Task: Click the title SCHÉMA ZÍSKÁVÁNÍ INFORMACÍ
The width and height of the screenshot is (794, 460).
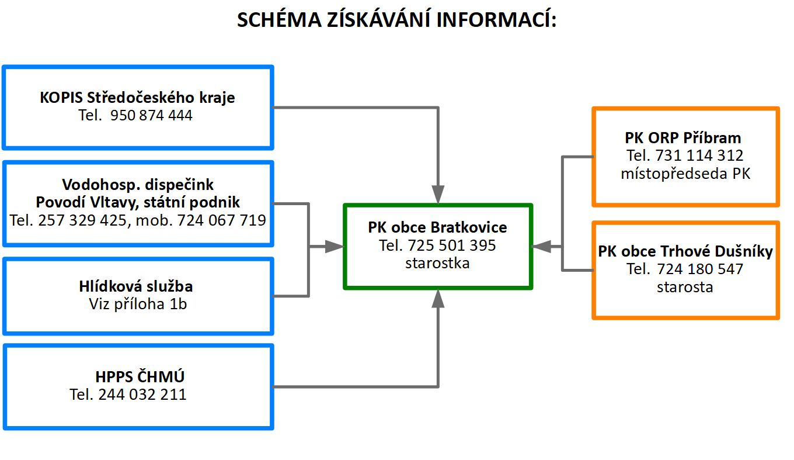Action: [x=397, y=20]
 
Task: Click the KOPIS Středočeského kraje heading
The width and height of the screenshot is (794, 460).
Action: [x=138, y=97]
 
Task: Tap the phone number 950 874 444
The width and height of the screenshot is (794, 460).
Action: [x=151, y=116]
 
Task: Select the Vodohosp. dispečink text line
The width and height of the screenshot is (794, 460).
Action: [x=138, y=185]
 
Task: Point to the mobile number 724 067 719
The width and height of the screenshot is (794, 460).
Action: [x=224, y=220]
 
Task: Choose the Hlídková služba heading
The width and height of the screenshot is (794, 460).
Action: [x=136, y=286]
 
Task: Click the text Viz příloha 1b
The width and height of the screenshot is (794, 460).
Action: [x=138, y=304]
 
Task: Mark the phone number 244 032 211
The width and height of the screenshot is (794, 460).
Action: [x=142, y=395]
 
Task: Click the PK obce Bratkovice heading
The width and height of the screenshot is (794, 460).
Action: [x=437, y=227]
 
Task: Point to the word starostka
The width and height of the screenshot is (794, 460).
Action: [x=437, y=263]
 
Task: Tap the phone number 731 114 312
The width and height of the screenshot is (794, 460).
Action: [x=699, y=156]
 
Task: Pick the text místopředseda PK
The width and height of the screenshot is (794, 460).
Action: [x=685, y=174]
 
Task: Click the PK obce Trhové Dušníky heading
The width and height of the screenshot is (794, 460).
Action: [x=685, y=251]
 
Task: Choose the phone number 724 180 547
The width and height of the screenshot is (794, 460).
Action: [x=700, y=269]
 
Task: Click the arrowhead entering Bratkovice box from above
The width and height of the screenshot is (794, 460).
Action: [x=438, y=195]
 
